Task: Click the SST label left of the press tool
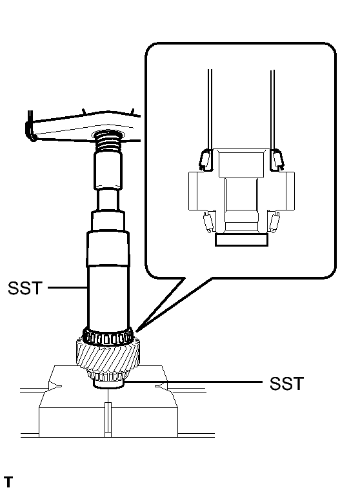[25, 288]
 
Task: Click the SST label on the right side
[286, 383]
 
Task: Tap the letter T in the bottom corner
[8, 482]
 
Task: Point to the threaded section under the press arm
[108, 142]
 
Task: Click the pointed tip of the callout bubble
[137, 329]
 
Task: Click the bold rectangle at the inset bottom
[241, 240]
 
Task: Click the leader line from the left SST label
[67, 287]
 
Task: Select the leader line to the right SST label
[194, 382]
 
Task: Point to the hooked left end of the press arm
[30, 128]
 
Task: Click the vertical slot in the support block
[108, 420]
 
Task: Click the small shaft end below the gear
[108, 383]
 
